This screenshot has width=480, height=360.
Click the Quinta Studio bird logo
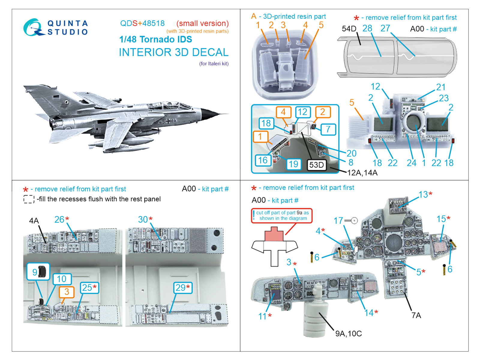coord(32,28)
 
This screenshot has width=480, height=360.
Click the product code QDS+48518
coord(142,23)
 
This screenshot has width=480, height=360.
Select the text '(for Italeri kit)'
coord(214,64)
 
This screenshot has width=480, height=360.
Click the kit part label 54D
coord(349,29)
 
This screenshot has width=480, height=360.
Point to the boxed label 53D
coord(316,165)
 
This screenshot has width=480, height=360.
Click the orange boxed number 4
coord(283,112)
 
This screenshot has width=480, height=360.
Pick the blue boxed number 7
coord(328,129)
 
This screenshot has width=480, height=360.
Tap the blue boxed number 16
coord(263,160)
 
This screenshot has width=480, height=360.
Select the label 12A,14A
coord(362,173)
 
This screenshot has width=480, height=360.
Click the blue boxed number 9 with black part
coord(38,271)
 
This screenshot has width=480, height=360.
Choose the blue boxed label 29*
coord(182,288)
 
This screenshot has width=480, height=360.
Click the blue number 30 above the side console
coord(143,219)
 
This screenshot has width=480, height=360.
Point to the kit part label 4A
coord(34,221)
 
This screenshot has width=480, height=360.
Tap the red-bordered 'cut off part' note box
coord(282,215)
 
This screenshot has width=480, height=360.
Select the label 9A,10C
coord(348,333)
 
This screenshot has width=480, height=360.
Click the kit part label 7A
coord(416,315)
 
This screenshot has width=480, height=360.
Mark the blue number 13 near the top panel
coord(423,194)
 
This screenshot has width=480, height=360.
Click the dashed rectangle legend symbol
coord(29,199)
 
